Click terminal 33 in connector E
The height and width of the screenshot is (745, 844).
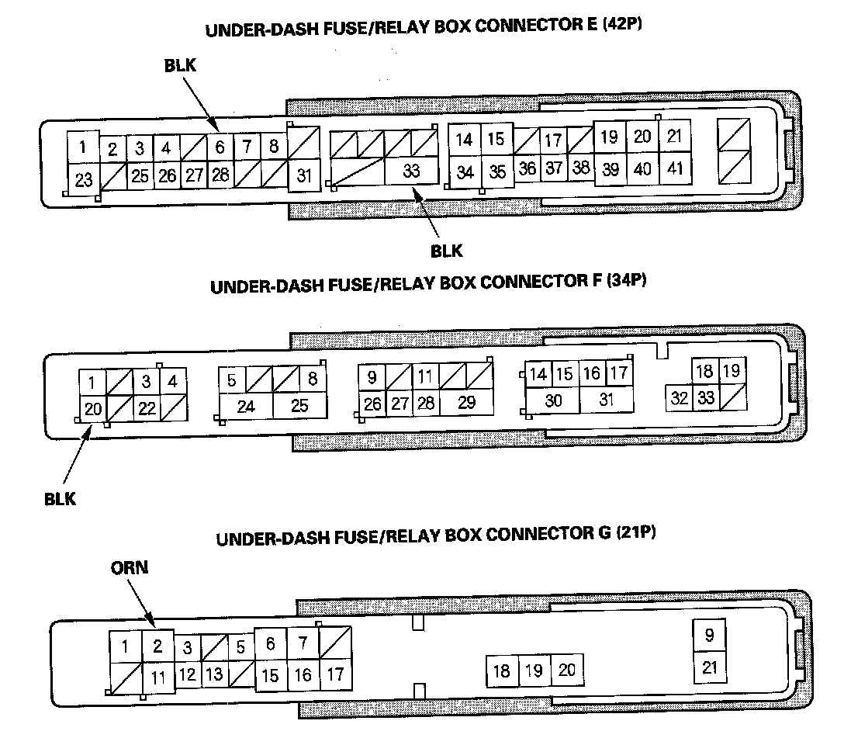click(x=411, y=171)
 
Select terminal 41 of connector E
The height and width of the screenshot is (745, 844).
click(x=676, y=168)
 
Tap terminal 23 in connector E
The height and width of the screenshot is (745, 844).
click(x=84, y=180)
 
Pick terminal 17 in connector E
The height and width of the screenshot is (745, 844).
click(x=552, y=141)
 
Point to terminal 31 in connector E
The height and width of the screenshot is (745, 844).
click(x=304, y=175)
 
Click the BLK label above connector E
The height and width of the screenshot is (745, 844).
click(x=181, y=66)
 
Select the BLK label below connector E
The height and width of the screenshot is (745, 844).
click(x=446, y=250)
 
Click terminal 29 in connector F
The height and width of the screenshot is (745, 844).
click(x=467, y=404)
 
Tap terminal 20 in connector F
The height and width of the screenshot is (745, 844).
click(x=93, y=408)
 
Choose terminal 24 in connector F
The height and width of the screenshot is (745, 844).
click(x=246, y=406)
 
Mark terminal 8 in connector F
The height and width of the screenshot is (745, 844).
click(x=312, y=380)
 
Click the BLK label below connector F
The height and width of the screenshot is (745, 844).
click(x=60, y=498)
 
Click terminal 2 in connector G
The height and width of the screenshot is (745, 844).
click(x=157, y=646)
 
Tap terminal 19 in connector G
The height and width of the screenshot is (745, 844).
click(x=534, y=670)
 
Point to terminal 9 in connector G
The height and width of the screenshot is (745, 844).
click(x=709, y=636)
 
